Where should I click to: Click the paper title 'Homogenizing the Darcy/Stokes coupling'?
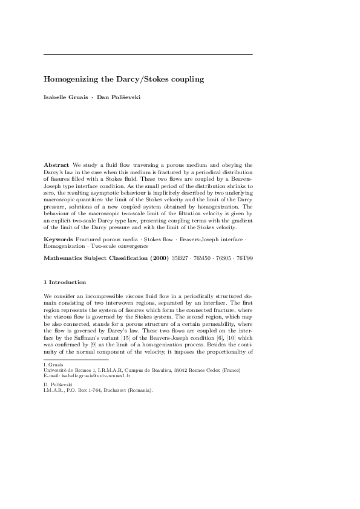point(124,79)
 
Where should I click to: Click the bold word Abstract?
point(56,164)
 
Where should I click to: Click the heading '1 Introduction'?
point(65,282)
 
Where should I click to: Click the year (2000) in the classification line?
point(153,258)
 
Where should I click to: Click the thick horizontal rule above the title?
point(148,54)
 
